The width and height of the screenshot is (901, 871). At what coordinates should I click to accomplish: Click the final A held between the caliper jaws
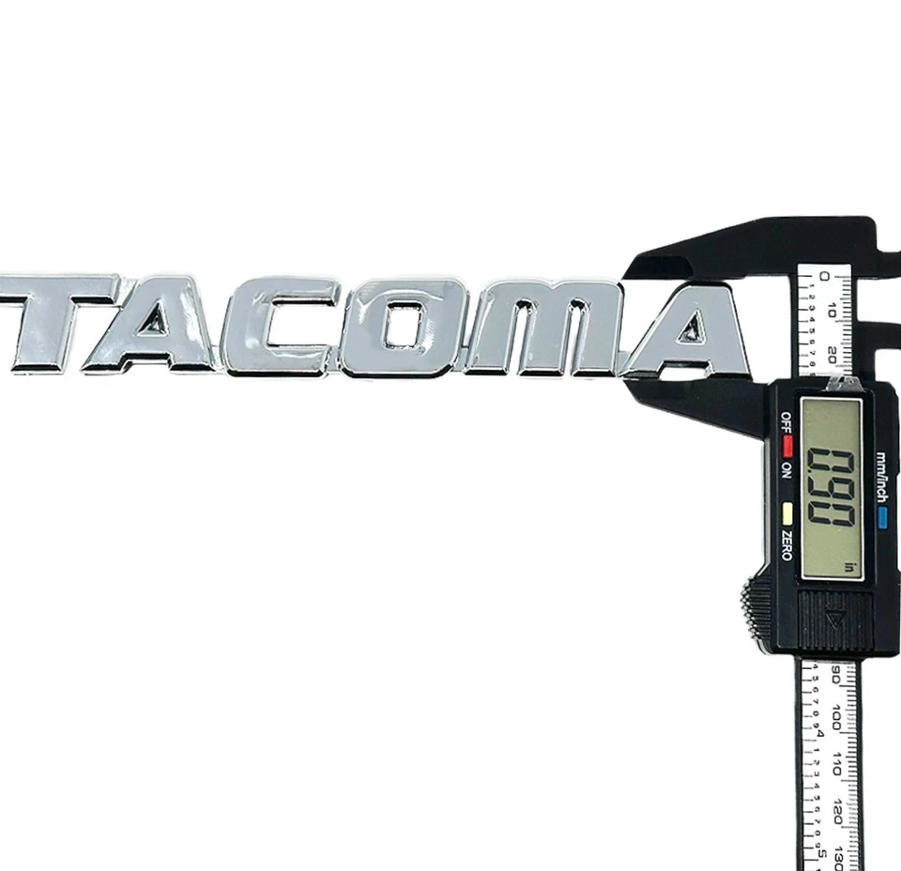(x=691, y=333)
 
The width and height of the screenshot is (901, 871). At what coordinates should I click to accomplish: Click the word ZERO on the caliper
(x=786, y=543)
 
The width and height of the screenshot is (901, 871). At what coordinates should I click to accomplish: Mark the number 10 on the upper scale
(x=834, y=310)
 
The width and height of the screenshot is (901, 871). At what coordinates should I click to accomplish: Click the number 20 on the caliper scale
(x=834, y=354)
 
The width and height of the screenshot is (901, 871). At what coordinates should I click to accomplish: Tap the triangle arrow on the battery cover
(x=834, y=619)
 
